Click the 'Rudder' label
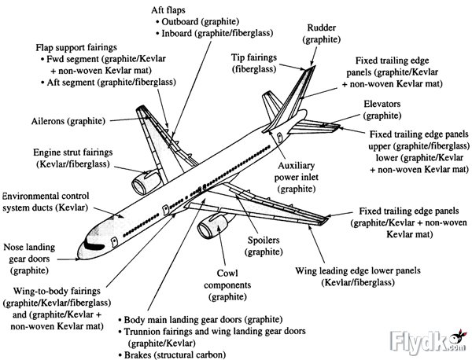(x=321, y=32)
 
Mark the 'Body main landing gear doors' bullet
(x=190, y=321)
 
